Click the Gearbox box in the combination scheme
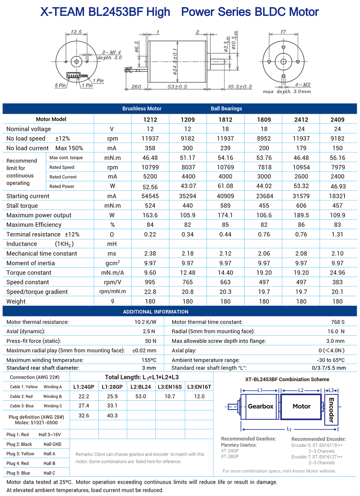(260, 406)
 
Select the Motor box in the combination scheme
(301, 406)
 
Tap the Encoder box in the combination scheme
(331, 410)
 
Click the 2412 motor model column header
(301, 120)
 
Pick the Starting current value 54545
(150, 196)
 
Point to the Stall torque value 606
(301, 206)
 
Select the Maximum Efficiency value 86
(301, 225)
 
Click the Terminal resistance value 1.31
(337, 234)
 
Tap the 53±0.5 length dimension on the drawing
(177, 87)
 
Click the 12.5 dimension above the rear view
(76, 32)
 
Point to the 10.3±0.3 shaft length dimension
(240, 87)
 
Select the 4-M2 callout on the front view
(302, 85)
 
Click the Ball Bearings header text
(226, 109)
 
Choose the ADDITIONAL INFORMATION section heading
(156, 312)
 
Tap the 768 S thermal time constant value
(338, 322)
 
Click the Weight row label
(16, 301)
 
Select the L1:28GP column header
(112, 387)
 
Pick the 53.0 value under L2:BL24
(141, 396)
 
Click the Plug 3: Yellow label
(20, 454)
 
